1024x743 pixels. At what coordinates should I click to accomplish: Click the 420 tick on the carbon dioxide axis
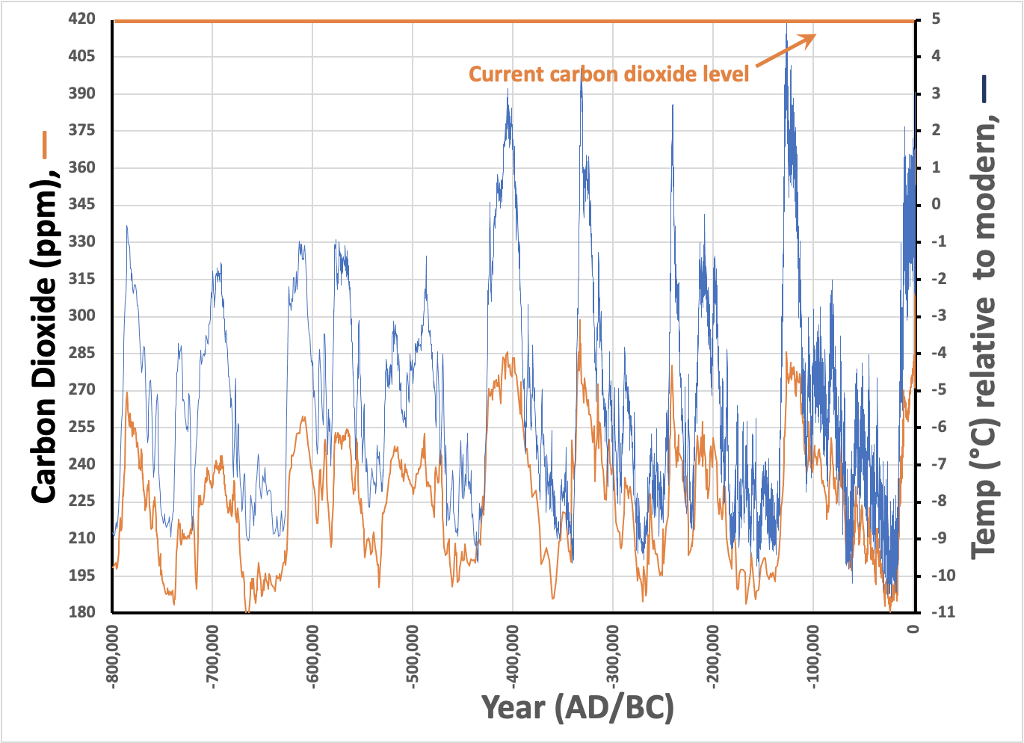82,19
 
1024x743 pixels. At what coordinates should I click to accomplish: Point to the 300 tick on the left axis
82,315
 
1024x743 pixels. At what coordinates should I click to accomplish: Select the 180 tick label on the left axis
82,612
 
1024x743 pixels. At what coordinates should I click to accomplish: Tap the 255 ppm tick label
82,427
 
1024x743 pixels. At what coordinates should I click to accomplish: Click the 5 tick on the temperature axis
936,19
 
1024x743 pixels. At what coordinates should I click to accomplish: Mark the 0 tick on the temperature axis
936,204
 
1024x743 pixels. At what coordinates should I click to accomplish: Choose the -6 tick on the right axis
938,427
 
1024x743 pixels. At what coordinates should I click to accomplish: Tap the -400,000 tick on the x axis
513,656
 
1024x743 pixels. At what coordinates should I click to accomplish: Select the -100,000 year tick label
813,656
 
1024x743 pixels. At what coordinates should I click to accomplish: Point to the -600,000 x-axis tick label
313,656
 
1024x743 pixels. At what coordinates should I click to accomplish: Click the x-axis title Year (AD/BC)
577,707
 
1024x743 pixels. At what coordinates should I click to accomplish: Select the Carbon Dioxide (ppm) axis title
45,340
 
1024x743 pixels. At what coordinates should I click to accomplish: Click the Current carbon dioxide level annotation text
608,74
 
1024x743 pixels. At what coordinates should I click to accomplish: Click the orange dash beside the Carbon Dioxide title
45,145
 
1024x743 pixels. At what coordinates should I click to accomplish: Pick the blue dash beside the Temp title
984,88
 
